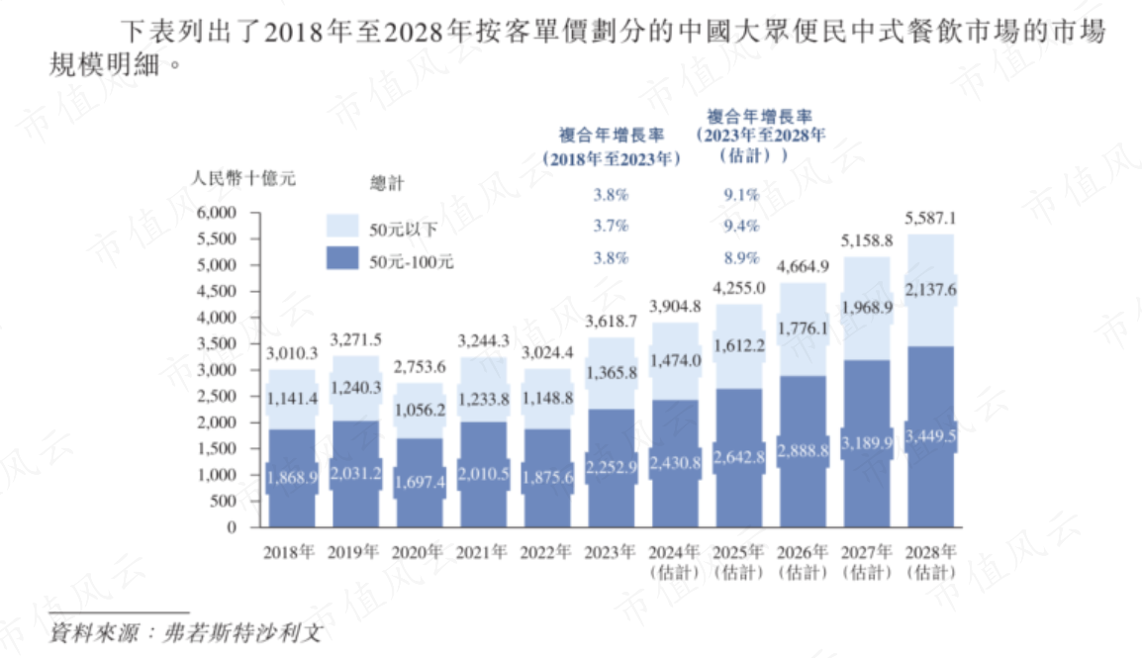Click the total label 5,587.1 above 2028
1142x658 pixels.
[930, 218]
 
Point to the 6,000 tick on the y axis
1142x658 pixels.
[217, 213]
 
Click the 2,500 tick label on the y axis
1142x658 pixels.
[217, 396]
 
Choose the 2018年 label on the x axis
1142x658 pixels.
[289, 552]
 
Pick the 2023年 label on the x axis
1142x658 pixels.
[611, 552]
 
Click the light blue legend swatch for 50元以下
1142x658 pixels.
[343, 227]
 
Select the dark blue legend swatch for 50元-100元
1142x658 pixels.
[343, 261]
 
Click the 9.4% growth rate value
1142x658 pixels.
[741, 227]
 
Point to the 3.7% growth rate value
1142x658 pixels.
[611, 227]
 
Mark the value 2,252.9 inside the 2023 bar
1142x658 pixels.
[612, 463]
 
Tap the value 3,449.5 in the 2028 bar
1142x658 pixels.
[930, 436]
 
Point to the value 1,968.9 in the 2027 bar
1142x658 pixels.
[867, 308]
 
